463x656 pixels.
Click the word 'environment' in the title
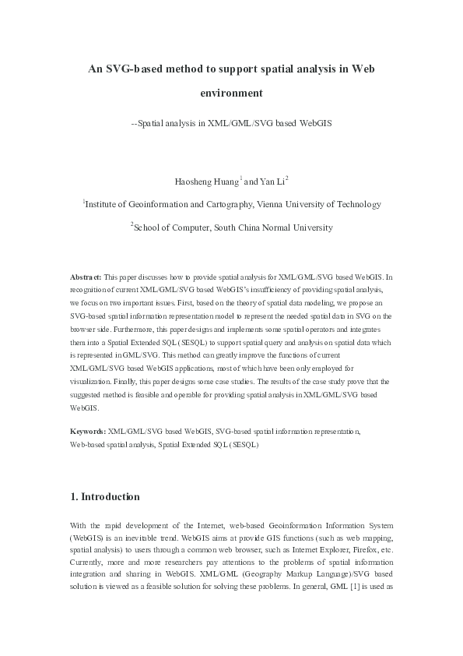(232, 93)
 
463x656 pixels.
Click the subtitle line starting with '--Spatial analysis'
(231, 123)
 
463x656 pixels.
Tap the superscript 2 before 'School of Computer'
(132, 225)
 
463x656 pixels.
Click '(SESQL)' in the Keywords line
(243, 445)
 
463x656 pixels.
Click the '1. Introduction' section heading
(105, 496)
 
